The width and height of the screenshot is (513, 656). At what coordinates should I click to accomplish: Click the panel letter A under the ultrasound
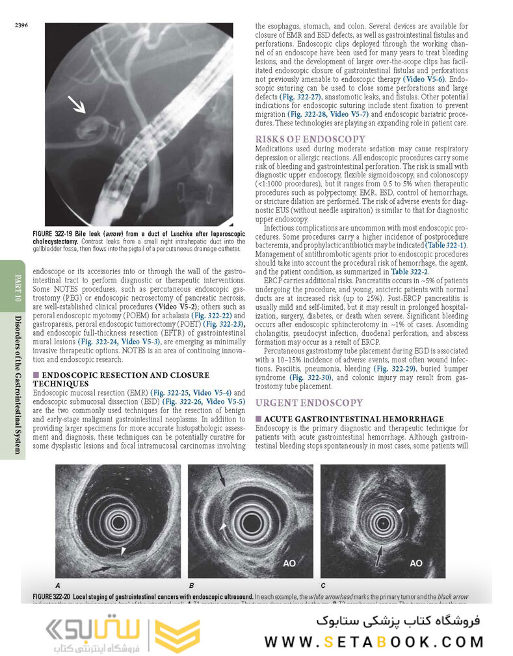(59, 584)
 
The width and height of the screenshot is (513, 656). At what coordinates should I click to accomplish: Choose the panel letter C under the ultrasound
(323, 584)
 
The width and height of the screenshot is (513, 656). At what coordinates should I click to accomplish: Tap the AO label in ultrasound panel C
(416, 563)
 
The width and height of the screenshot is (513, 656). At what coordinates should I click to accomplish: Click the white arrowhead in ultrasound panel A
(124, 551)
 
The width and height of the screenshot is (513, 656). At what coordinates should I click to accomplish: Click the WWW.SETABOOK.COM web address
(374, 641)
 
